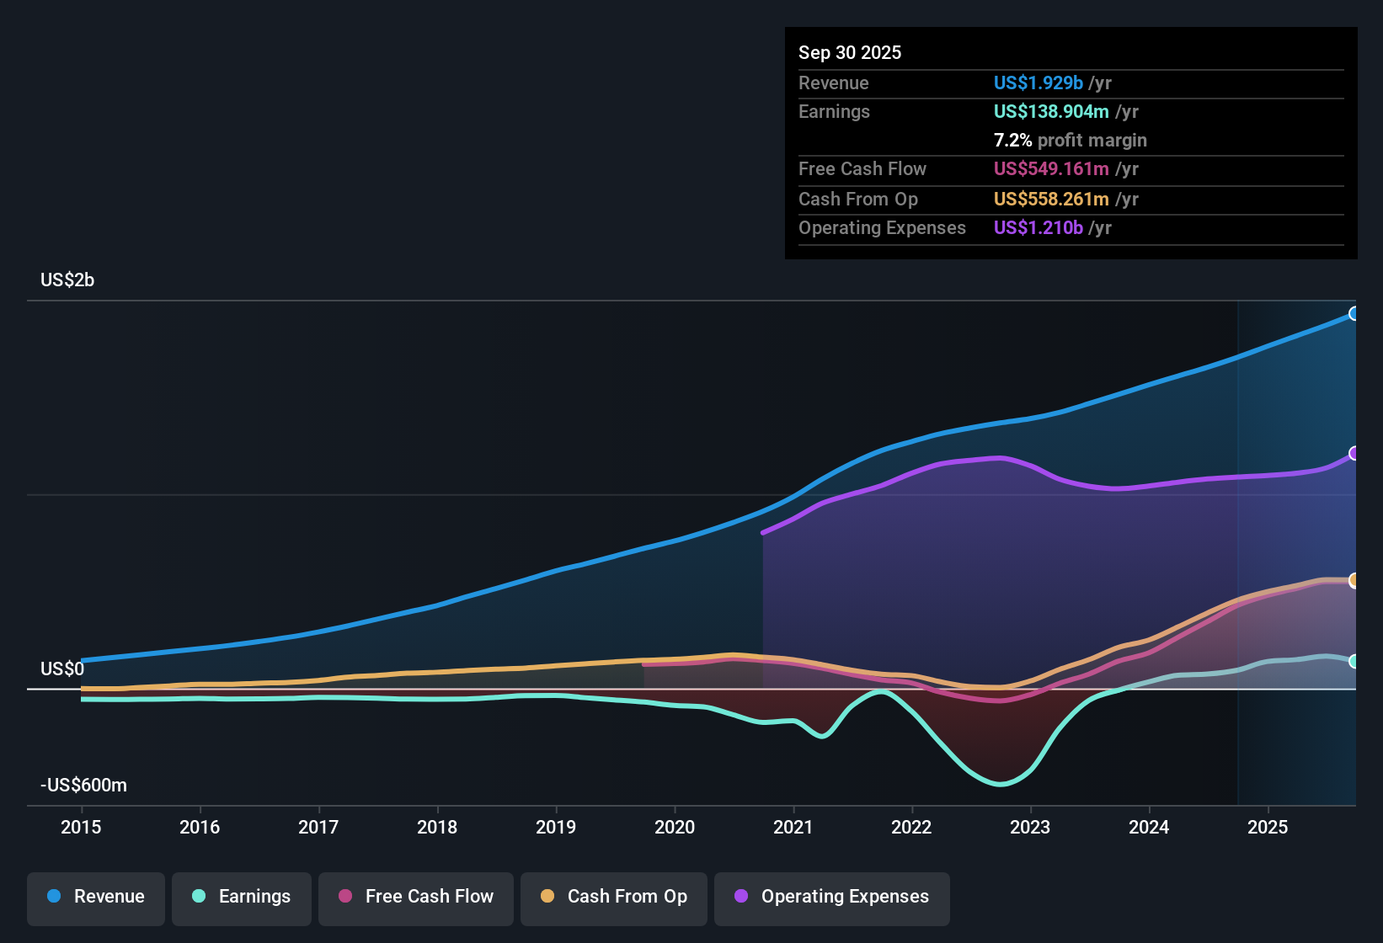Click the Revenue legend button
tap(96, 898)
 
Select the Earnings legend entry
tap(242, 898)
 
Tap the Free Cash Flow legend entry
tap(416, 898)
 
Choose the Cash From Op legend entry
tap(614, 898)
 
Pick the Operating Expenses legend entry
tap(832, 898)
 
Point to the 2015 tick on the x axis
tap(81, 827)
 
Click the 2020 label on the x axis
tap(675, 827)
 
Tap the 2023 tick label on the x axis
tap(1030, 827)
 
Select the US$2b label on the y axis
tap(67, 280)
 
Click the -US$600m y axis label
tap(83, 786)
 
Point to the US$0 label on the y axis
tap(62, 669)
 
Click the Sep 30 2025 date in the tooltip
tap(850, 53)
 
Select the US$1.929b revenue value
tap(1038, 83)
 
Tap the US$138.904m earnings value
tap(1050, 112)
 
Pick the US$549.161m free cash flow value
tap(1050, 169)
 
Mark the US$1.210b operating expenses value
tap(1038, 228)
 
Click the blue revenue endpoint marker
tap(1354, 314)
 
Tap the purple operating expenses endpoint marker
tap(1354, 454)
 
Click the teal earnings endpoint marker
tap(1354, 662)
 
